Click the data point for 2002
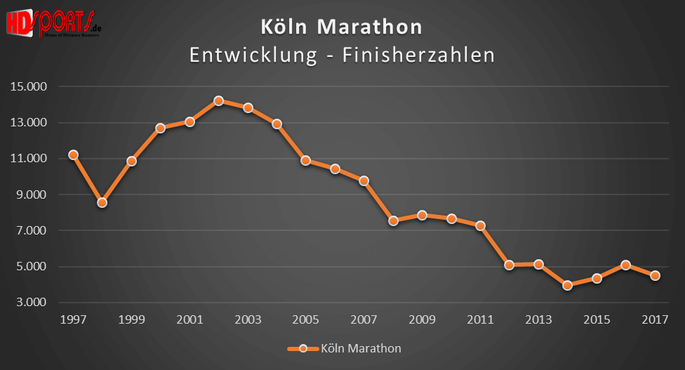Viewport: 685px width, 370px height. tap(218, 101)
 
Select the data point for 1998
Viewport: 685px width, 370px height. tap(102, 202)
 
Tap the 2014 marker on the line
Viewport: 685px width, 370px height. tap(567, 285)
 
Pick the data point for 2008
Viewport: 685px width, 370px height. tap(393, 220)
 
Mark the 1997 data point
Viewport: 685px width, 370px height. tap(73, 154)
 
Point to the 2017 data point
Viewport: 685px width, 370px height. tap(655, 275)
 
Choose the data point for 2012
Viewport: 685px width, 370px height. tap(509, 265)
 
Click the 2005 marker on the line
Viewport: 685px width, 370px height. tap(305, 160)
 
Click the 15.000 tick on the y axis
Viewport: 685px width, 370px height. tap(28, 87)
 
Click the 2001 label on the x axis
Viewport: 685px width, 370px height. tap(189, 319)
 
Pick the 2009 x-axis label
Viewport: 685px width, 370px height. tap(422, 319)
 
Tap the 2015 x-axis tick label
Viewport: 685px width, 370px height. tap(597, 319)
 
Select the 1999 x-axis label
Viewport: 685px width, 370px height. tap(131, 319)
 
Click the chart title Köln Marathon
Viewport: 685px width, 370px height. tap(342, 27)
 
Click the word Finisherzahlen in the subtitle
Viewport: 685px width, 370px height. tap(419, 55)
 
